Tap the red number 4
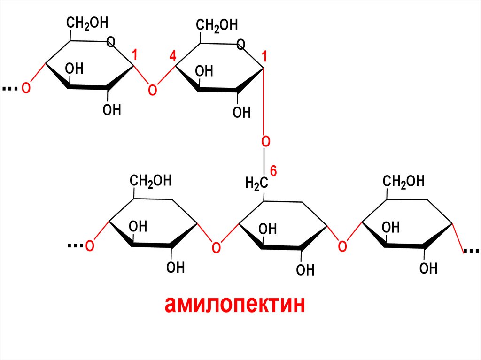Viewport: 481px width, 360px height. point(172,57)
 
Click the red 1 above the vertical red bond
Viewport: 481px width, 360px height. point(264,57)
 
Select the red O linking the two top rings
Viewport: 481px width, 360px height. point(152,89)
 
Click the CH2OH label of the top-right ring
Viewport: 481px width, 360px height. point(217,25)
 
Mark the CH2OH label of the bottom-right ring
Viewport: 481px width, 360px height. point(403,181)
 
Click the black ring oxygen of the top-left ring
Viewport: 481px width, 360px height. point(111,43)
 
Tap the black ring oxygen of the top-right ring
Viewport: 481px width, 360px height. point(241,45)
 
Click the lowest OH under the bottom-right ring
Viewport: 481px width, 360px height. point(428,268)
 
